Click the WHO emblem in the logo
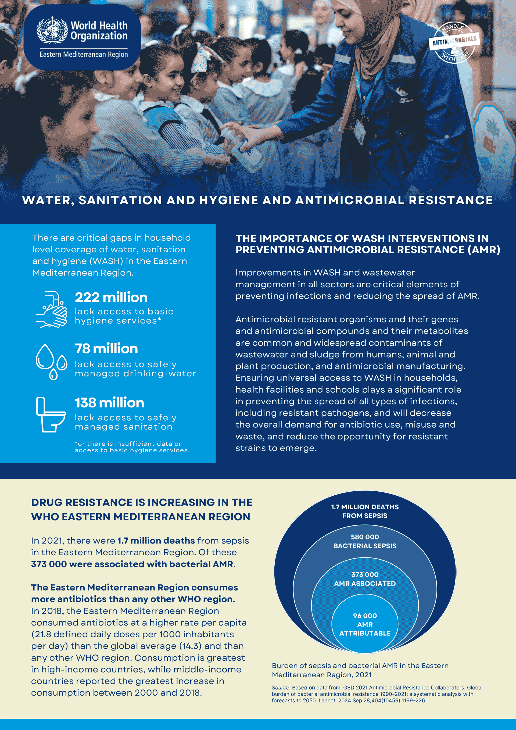pyautogui.click(x=52, y=30)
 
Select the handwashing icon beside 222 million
pyautogui.click(x=52, y=309)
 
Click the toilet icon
pyautogui.click(x=51, y=414)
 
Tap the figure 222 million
pyautogui.click(x=111, y=298)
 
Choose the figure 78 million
pyautogui.click(x=106, y=349)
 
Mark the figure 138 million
pyautogui.click(x=109, y=403)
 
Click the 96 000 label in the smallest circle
pyautogui.click(x=365, y=616)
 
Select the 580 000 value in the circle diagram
pyautogui.click(x=365, y=537)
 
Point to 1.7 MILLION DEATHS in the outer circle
pyautogui.click(x=365, y=507)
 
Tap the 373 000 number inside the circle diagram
pyautogui.click(x=365, y=575)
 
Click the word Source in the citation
pyautogui.click(x=281, y=687)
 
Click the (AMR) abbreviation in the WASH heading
pyautogui.click(x=483, y=250)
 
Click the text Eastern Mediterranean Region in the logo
pyautogui.click(x=84, y=54)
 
